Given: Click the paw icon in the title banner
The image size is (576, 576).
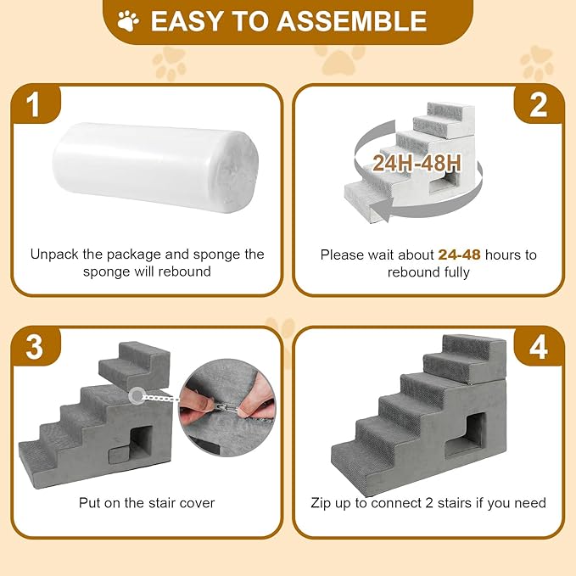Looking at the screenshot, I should pyautogui.click(x=129, y=20).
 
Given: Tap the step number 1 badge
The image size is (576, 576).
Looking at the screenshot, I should pyautogui.click(x=33, y=105).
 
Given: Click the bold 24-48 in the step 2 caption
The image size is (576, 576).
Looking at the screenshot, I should pyautogui.click(x=458, y=254).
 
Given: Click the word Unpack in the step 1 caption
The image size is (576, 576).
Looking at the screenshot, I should pyautogui.click(x=54, y=254).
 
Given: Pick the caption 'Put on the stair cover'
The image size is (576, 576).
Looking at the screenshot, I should pyautogui.click(x=147, y=503).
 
